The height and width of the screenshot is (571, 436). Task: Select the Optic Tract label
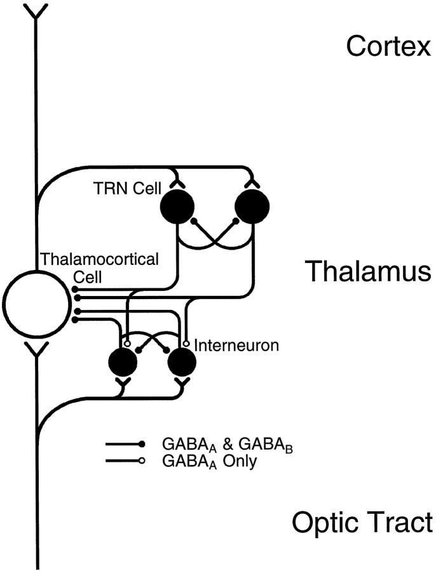click(362, 523)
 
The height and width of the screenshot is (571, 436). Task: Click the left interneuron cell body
click(123, 363)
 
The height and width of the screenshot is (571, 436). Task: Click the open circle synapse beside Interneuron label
click(186, 343)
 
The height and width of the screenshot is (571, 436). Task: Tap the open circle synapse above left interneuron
click(127, 343)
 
